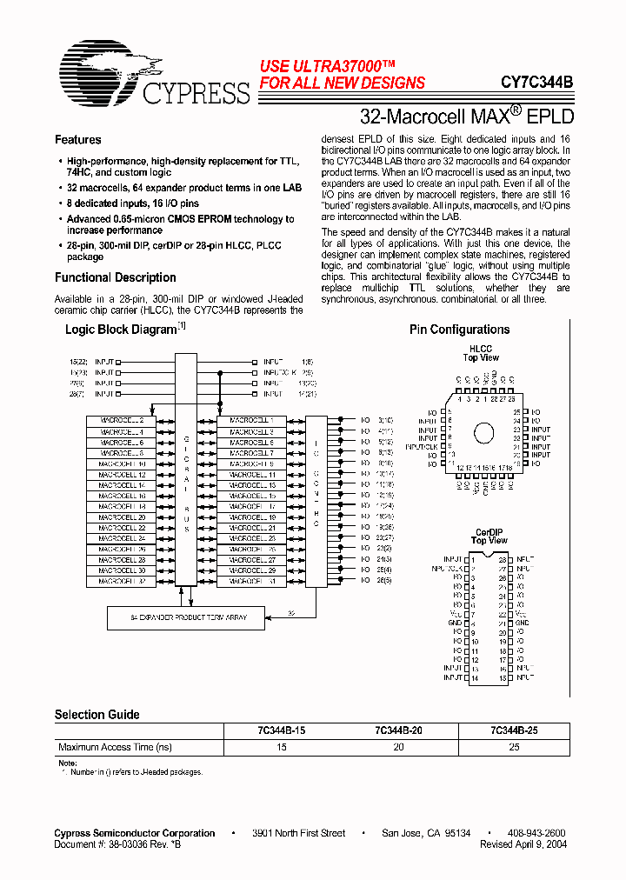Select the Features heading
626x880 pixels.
click(77, 140)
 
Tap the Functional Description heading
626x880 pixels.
click(115, 277)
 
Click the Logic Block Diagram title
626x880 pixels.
click(121, 330)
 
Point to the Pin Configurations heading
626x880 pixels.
click(459, 330)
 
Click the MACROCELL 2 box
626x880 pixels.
click(121, 421)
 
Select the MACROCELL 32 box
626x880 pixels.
click(121, 582)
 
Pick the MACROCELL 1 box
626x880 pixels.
click(251, 421)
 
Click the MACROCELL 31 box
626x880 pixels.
click(251, 582)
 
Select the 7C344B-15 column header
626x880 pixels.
click(282, 731)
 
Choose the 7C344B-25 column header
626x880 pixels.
click(514, 731)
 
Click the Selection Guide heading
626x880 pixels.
click(97, 715)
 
